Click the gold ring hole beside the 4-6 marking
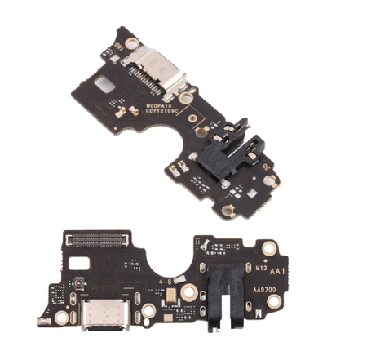(188, 293)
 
